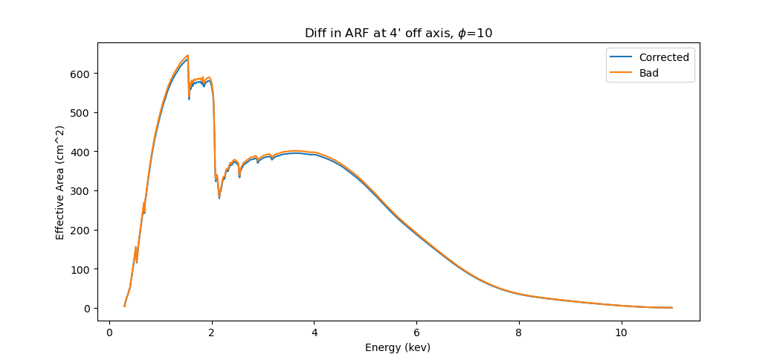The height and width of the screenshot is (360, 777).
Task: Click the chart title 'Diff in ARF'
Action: pyautogui.click(x=399, y=33)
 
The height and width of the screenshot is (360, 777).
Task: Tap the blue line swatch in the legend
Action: pyautogui.click(x=622, y=57)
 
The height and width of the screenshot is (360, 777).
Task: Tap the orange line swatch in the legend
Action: pyautogui.click(x=622, y=73)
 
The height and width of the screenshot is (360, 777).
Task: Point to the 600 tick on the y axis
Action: pyautogui.click(x=82, y=74)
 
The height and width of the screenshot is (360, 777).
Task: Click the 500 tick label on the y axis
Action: pyautogui.click(x=82, y=113)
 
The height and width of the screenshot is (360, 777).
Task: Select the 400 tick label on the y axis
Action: pyautogui.click(x=82, y=152)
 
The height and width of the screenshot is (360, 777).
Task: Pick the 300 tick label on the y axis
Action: pyautogui.click(x=82, y=191)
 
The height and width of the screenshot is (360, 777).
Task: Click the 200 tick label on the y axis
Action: pyautogui.click(x=82, y=230)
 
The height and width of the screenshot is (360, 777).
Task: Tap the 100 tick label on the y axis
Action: pyautogui.click(x=82, y=269)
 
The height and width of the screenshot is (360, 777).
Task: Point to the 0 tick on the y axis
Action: pyautogui.click(x=87, y=308)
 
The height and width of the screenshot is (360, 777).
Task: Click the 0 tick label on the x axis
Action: pyautogui.click(x=109, y=332)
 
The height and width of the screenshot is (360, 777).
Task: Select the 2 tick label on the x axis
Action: pyautogui.click(x=212, y=332)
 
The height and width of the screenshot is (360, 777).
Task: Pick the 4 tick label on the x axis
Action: pyautogui.click(x=314, y=332)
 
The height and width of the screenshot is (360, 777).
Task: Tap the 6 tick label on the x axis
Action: pyautogui.click(x=416, y=332)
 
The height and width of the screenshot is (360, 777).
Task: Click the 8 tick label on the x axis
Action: pyautogui.click(x=519, y=332)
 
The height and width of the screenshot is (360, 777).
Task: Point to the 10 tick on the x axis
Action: pyautogui.click(x=622, y=332)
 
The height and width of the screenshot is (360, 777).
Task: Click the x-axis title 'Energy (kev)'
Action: pyautogui.click(x=398, y=347)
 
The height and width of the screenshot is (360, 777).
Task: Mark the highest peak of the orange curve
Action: pyautogui.click(x=187, y=56)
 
